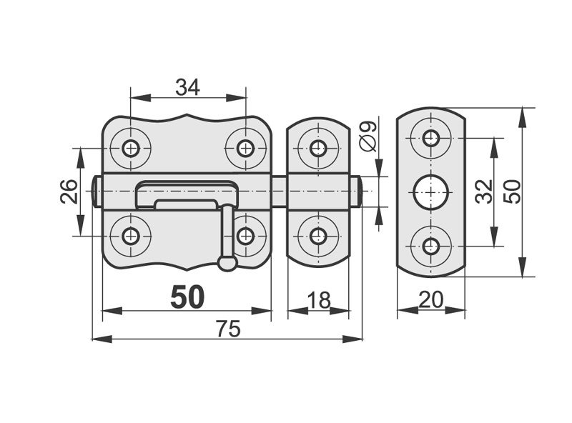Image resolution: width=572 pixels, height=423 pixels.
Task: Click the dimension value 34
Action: coord(187,87)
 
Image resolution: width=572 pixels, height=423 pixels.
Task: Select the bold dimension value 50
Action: coord(187,297)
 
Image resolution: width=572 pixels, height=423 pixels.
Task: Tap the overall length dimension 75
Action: coord(228,329)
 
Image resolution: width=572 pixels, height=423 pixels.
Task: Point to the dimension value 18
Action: coord(318,300)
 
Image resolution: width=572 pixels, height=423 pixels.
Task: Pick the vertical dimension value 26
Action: coord(69,191)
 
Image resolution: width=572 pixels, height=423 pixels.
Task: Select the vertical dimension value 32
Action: coord(485,191)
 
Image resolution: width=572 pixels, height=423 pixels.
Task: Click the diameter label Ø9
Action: coord(368,136)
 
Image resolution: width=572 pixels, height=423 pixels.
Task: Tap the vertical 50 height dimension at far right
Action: coord(512,191)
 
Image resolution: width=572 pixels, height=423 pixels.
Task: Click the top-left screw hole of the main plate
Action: coord(131,149)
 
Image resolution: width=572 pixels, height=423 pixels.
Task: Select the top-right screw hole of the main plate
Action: coord(245,149)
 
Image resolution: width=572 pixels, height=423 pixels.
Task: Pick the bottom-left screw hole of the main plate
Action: coord(131,236)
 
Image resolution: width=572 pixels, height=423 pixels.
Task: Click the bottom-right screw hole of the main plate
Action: coord(245,236)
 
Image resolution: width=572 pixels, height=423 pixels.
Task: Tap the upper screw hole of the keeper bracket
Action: coord(318,149)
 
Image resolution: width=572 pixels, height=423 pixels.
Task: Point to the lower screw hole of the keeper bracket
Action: coord(318,236)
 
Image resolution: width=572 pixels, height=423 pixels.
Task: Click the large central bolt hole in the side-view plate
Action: coord(430,191)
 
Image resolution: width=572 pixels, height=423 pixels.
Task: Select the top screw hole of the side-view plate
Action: coord(430,138)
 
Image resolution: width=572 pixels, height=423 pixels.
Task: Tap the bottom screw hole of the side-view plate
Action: coord(430,246)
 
